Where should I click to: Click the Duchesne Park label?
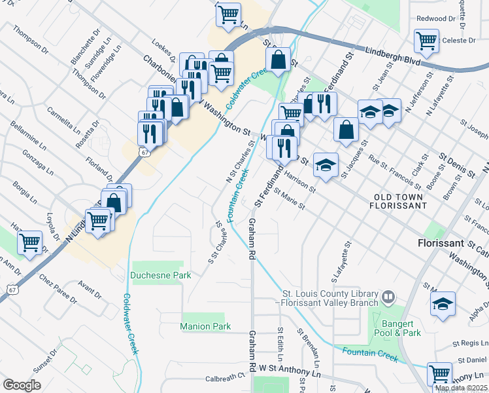point(161,276)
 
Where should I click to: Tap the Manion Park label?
point(205,326)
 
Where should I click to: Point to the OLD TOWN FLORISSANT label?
point(400,201)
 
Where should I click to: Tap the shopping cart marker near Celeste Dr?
point(426,41)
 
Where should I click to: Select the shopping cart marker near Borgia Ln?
point(30,242)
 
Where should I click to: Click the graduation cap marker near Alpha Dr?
point(443,304)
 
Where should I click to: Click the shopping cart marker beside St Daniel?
point(439,374)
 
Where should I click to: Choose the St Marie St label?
point(290,200)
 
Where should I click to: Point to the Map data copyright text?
point(461,388)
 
